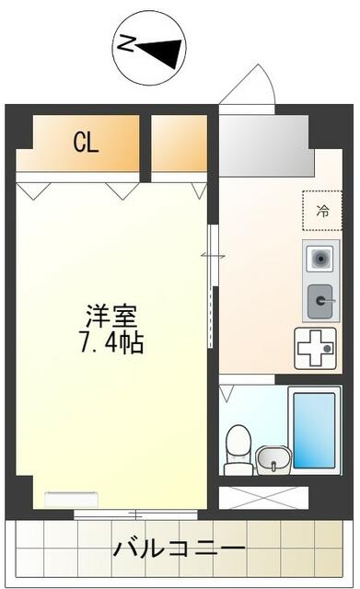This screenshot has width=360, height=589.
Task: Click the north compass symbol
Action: point(149,48)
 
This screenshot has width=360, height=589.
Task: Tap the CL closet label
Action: point(86,143)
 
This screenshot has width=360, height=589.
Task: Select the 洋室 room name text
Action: point(111,318)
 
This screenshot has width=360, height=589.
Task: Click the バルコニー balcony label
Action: point(179,549)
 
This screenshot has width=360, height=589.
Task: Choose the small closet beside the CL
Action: point(180,143)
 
